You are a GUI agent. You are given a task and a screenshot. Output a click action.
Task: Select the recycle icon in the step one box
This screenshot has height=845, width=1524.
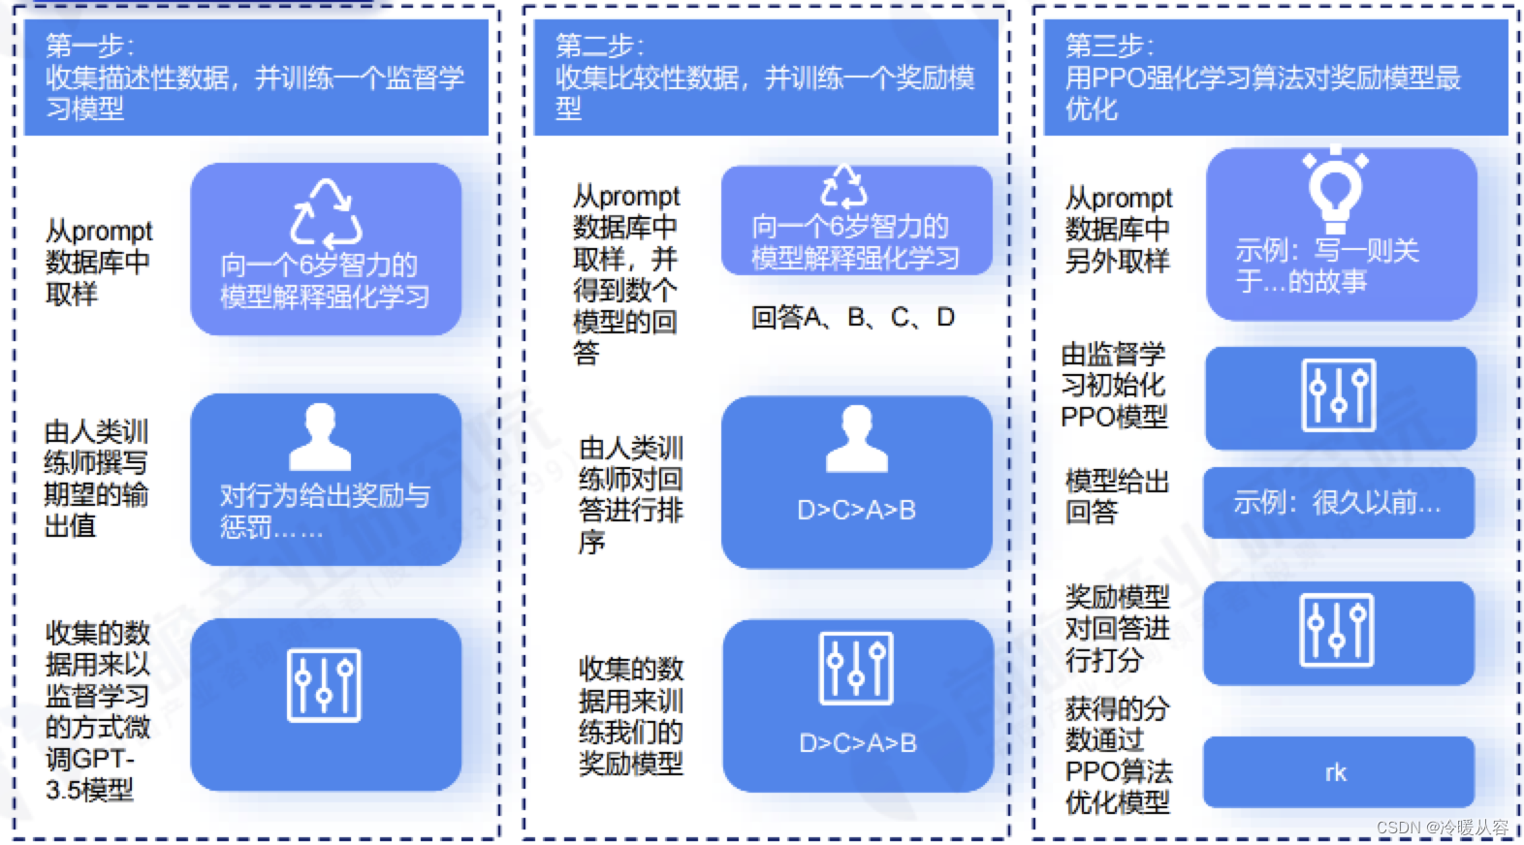pos(326,213)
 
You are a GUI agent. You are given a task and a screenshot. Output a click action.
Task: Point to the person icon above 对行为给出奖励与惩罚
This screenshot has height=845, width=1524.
pos(320,437)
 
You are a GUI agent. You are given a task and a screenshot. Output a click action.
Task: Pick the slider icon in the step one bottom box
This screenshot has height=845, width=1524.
pos(324,685)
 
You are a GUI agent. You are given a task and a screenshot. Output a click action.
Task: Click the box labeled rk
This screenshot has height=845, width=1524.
pos(1338,772)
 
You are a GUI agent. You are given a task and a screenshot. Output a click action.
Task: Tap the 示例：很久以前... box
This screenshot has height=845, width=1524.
pos(1338,502)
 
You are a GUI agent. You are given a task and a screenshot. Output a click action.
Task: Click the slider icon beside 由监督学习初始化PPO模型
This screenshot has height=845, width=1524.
pos(1339,394)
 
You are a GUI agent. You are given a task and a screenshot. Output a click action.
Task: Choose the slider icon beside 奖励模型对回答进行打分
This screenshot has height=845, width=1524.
pos(1337,630)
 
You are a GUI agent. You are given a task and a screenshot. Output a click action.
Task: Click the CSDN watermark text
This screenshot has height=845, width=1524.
pos(1442,827)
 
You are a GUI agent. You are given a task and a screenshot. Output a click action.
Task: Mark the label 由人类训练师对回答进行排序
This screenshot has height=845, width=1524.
pos(631,494)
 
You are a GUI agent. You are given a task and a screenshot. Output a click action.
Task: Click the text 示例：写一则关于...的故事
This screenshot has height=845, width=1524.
pos(1326,266)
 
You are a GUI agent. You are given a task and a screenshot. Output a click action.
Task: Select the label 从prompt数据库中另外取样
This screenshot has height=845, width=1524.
pos(1118,229)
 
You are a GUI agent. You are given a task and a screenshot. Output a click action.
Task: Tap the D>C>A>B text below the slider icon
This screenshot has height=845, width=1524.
pos(857,743)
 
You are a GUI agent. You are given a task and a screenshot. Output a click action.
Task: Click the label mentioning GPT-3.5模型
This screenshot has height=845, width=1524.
pos(97,711)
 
